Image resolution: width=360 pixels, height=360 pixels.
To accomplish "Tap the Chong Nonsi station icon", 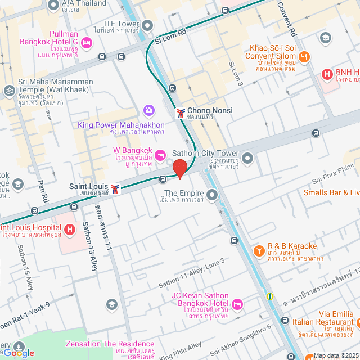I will click(x=181, y=112).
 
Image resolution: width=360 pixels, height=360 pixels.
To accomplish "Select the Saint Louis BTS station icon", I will click(x=115, y=189).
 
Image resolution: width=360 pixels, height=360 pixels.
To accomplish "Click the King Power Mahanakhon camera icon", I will click(x=149, y=110).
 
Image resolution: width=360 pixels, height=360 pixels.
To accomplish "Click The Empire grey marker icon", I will click(x=212, y=195).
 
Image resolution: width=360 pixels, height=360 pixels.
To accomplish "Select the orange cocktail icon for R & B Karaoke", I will click(x=259, y=250).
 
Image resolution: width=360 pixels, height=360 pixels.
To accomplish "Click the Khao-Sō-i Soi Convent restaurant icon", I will click(x=304, y=56).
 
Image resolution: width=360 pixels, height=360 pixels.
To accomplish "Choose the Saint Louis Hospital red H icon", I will click(x=70, y=229).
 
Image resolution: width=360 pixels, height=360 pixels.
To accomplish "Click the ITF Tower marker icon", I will click(x=148, y=25).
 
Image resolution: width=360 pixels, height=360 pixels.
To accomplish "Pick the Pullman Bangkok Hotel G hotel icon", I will click(x=86, y=42).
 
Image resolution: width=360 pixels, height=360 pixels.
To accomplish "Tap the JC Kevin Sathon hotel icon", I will click(x=237, y=304).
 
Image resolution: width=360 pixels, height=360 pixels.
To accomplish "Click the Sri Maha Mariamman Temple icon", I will click(x=9, y=90).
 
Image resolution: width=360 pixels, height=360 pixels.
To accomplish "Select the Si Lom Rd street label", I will click(x=169, y=37).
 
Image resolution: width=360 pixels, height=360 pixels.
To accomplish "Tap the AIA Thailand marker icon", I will click(x=54, y=6).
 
